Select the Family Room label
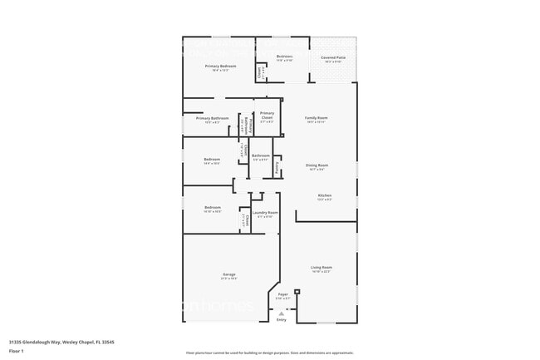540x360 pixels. click(317, 118)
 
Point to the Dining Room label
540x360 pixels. click(317, 165)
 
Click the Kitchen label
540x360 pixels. click(324, 196)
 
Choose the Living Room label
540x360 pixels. click(322, 268)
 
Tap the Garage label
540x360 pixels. click(228, 274)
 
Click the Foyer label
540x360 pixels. click(283, 294)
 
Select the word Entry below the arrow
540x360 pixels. click(281, 319)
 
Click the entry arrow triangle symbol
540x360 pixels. click(281, 312)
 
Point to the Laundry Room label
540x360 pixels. click(265, 213)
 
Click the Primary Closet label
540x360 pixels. click(267, 115)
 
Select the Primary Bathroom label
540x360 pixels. click(213, 119)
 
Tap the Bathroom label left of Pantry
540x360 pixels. click(261, 155)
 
